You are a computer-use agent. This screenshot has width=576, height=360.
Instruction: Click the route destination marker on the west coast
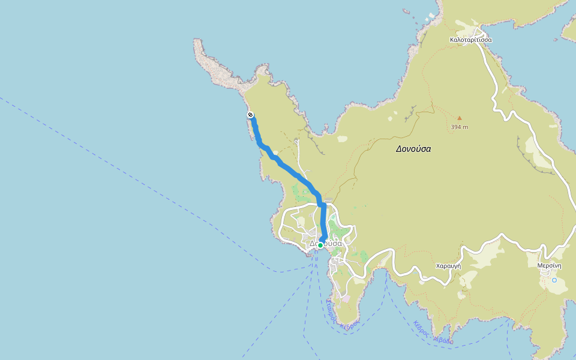[x=250, y=115]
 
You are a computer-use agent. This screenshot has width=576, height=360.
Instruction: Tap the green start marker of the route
[x=320, y=245]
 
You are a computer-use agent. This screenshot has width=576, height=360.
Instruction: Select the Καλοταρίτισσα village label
[x=470, y=40]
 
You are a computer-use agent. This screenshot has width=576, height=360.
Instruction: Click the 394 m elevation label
[x=460, y=127]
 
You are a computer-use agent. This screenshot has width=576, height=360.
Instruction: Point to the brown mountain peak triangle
[x=460, y=118]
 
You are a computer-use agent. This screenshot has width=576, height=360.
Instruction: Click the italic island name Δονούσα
[x=413, y=149]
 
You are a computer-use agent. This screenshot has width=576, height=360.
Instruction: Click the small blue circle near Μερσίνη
[x=554, y=280]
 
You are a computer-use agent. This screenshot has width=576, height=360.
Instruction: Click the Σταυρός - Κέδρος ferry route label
[x=340, y=316]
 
